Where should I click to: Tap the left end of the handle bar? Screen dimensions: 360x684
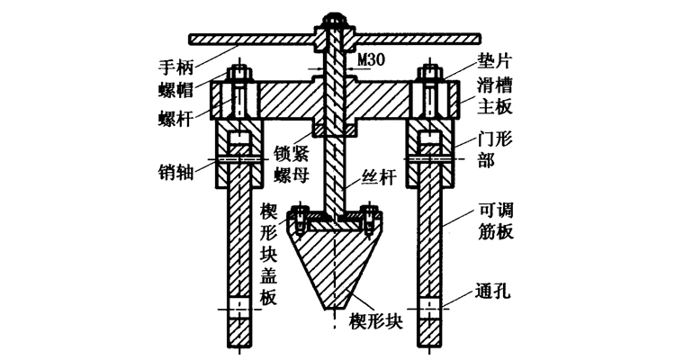point(194,38)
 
